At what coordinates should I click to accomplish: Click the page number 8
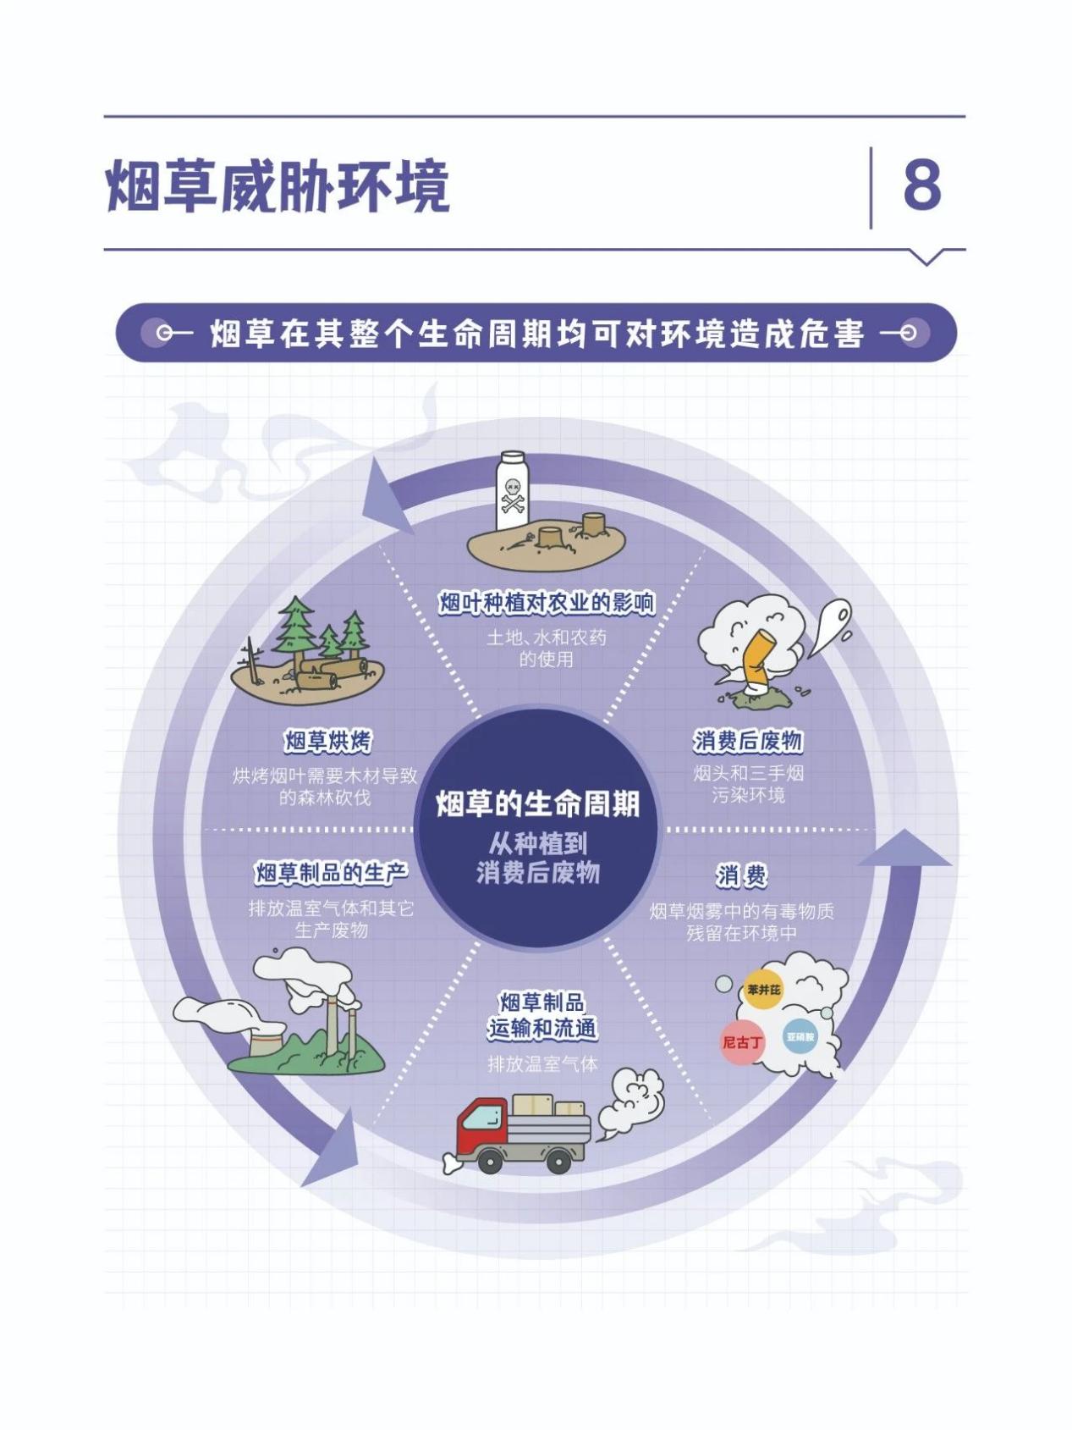922,185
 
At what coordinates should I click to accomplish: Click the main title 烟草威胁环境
278,185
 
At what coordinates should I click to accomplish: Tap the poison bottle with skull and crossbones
511,490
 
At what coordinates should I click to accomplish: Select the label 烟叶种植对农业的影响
547,603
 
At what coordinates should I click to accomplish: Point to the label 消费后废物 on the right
748,741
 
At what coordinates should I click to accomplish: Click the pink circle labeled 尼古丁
742,1042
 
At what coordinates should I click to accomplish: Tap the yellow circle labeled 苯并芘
763,990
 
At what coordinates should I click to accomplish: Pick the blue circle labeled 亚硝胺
800,1036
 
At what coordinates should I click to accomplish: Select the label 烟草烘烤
327,741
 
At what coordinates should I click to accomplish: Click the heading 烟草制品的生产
331,873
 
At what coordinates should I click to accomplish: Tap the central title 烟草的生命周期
537,803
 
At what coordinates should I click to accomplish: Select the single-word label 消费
742,875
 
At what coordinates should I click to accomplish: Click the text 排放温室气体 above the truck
542,1063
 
